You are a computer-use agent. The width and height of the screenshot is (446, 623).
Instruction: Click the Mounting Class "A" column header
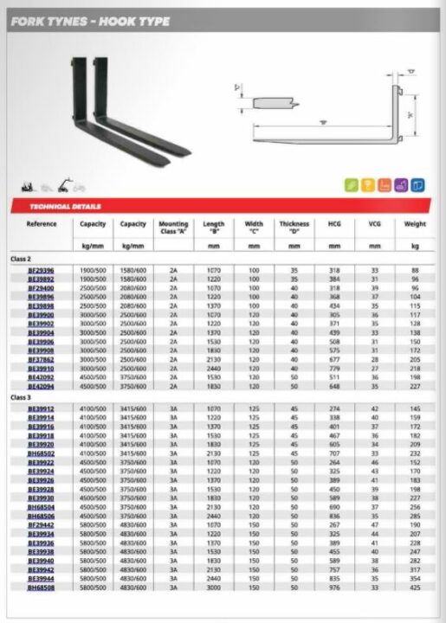[173, 228]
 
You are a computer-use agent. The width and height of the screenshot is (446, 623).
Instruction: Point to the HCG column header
[333, 224]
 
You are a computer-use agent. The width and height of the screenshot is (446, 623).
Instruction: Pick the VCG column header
[374, 224]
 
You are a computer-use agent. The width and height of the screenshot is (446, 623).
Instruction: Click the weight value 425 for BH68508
[415, 587]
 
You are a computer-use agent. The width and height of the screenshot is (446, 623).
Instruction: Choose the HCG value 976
[333, 587]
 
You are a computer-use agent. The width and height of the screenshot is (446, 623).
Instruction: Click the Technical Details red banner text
[66, 207]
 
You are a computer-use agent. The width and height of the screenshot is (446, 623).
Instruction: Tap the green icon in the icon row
[352, 185]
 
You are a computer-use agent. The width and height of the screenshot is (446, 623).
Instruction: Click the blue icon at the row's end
[417, 185]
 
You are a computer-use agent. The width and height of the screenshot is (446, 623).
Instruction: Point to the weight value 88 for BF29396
[415, 270]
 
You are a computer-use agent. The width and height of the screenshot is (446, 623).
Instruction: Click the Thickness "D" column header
[294, 228]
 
